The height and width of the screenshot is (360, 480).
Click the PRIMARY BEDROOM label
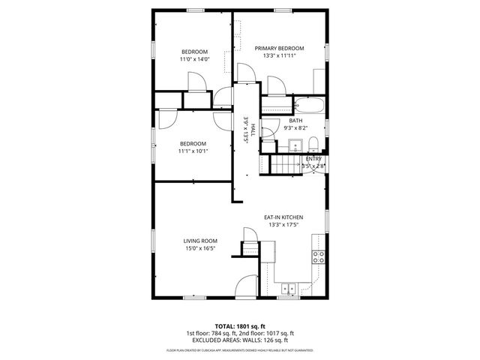[x=280, y=48]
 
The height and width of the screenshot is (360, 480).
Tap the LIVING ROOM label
[x=199, y=241]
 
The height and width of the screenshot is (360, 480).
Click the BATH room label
[x=295, y=121]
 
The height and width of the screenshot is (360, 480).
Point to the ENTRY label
[x=313, y=159]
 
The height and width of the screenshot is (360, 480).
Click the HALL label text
[x=253, y=128]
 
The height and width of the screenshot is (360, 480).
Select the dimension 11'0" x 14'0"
[x=193, y=59]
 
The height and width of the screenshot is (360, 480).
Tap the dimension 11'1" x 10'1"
[x=193, y=151]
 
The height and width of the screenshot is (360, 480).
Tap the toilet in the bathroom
[x=316, y=144]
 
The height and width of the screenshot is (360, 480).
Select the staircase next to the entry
[x=284, y=163]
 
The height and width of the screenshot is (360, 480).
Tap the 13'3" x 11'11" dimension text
[x=280, y=55]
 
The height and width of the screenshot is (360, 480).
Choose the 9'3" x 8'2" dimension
[x=295, y=128]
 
